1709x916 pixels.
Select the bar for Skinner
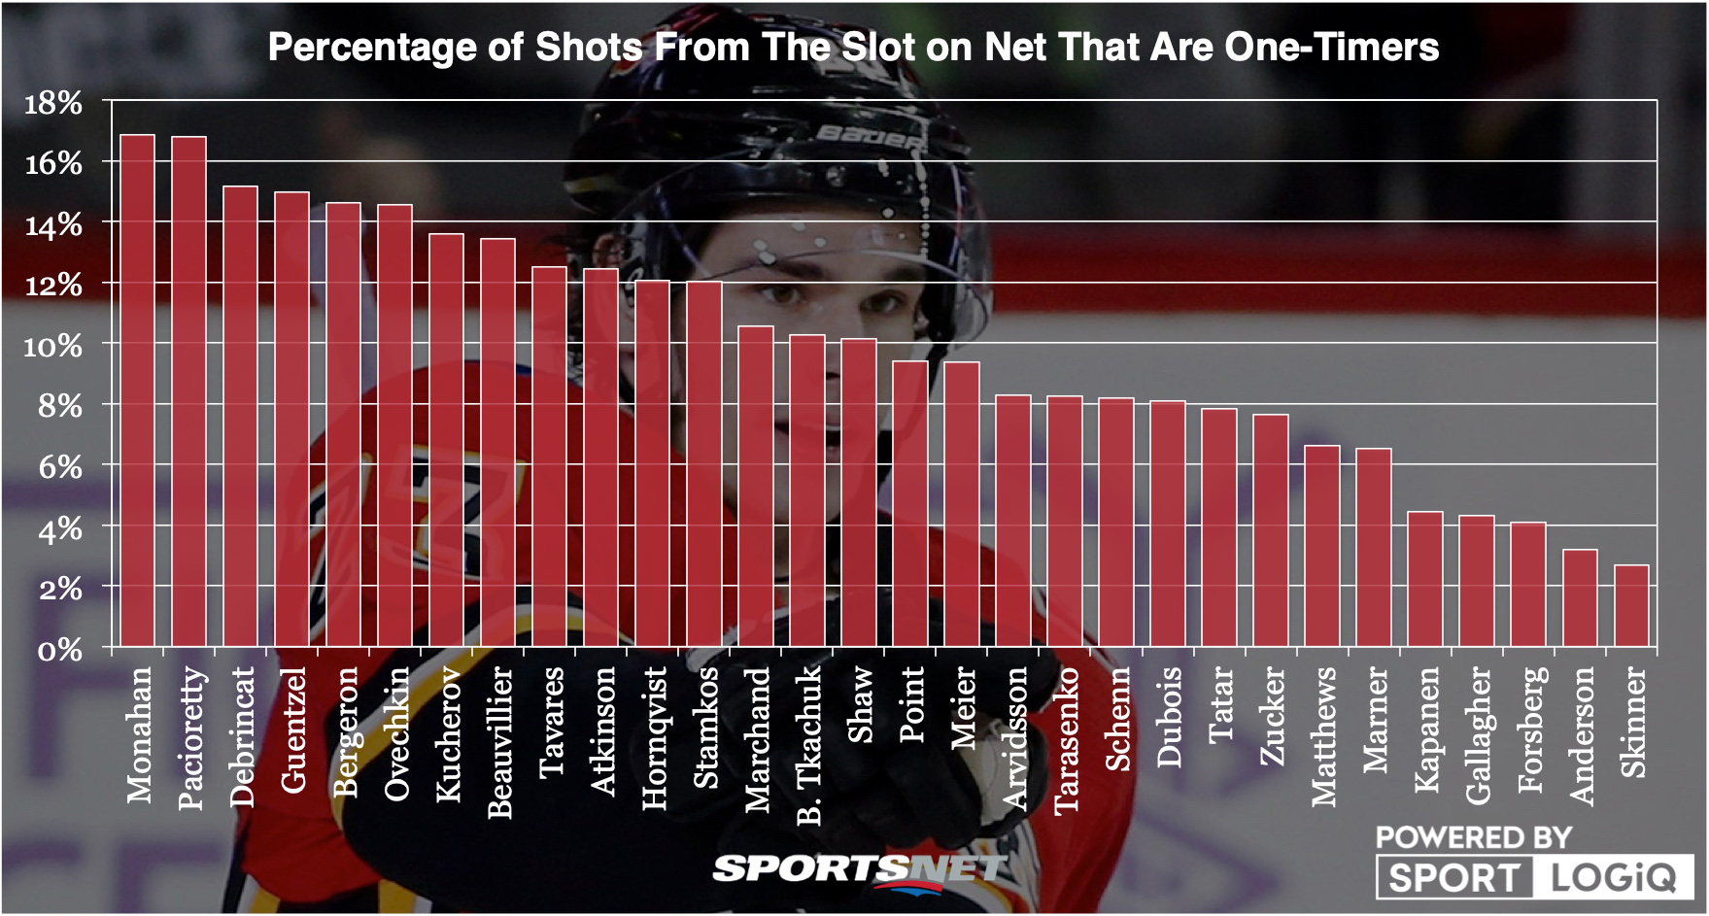[1631, 606]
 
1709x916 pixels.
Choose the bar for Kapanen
[1425, 579]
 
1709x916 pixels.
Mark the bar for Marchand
[756, 487]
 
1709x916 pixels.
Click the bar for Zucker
[1271, 530]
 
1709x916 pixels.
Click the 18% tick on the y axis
[53, 103]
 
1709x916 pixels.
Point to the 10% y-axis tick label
[53, 346]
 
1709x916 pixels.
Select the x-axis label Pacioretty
[191, 738]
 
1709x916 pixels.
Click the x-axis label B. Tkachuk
[808, 746]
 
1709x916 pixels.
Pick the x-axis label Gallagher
[1477, 735]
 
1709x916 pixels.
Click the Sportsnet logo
[859, 868]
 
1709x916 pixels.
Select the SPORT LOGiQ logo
[1534, 878]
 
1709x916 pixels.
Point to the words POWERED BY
[1473, 836]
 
